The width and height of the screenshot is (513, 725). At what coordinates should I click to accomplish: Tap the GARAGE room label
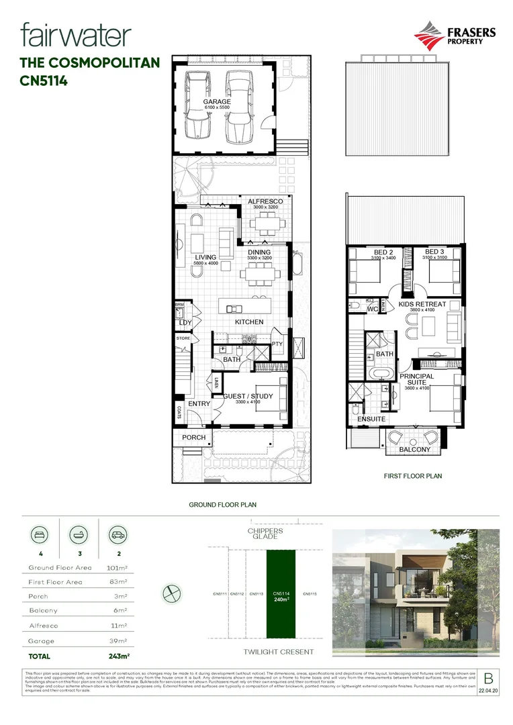pyautogui.click(x=217, y=102)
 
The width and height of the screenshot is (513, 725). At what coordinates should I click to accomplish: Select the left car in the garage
pyautogui.click(x=198, y=105)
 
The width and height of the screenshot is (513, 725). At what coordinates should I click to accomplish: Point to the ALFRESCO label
pyautogui.click(x=265, y=201)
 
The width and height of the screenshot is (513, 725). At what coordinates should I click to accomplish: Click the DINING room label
pyautogui.click(x=259, y=252)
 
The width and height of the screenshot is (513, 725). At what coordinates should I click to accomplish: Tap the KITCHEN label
pyautogui.click(x=248, y=322)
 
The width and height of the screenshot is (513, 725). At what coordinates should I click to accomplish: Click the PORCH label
pyautogui.click(x=193, y=438)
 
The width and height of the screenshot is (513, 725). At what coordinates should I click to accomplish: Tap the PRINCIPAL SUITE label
pyautogui.click(x=417, y=380)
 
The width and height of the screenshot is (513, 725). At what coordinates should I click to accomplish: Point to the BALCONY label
pyautogui.click(x=414, y=449)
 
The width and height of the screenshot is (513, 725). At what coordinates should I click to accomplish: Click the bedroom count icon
pyautogui.click(x=36, y=536)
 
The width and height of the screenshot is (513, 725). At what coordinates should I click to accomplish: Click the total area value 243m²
pyautogui.click(x=119, y=656)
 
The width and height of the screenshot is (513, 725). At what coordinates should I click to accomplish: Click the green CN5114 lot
pyautogui.click(x=282, y=594)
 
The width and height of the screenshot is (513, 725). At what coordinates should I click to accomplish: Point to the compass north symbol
pyautogui.click(x=173, y=593)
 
